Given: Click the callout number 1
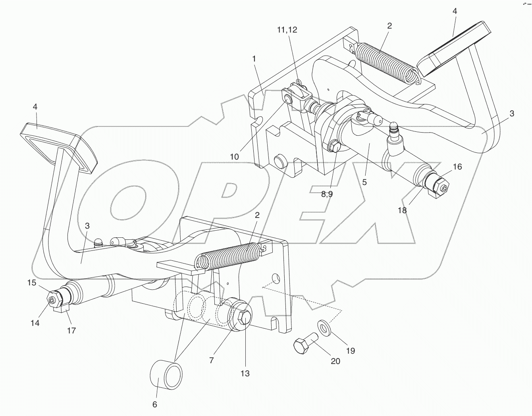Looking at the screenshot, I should pos(254,59).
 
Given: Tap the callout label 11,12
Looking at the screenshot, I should pos(287,30).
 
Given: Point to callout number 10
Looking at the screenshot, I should pos(234,156).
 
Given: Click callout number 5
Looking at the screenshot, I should pos(364,182).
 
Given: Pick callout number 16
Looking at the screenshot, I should pos(457,167).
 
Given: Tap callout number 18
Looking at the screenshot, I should pos(402,210).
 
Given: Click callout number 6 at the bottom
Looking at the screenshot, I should pos(155,404).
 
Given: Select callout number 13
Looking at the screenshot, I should pos(245,373).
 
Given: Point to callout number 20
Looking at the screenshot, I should pos(335,361).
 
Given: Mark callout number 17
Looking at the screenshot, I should pos(71,330).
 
